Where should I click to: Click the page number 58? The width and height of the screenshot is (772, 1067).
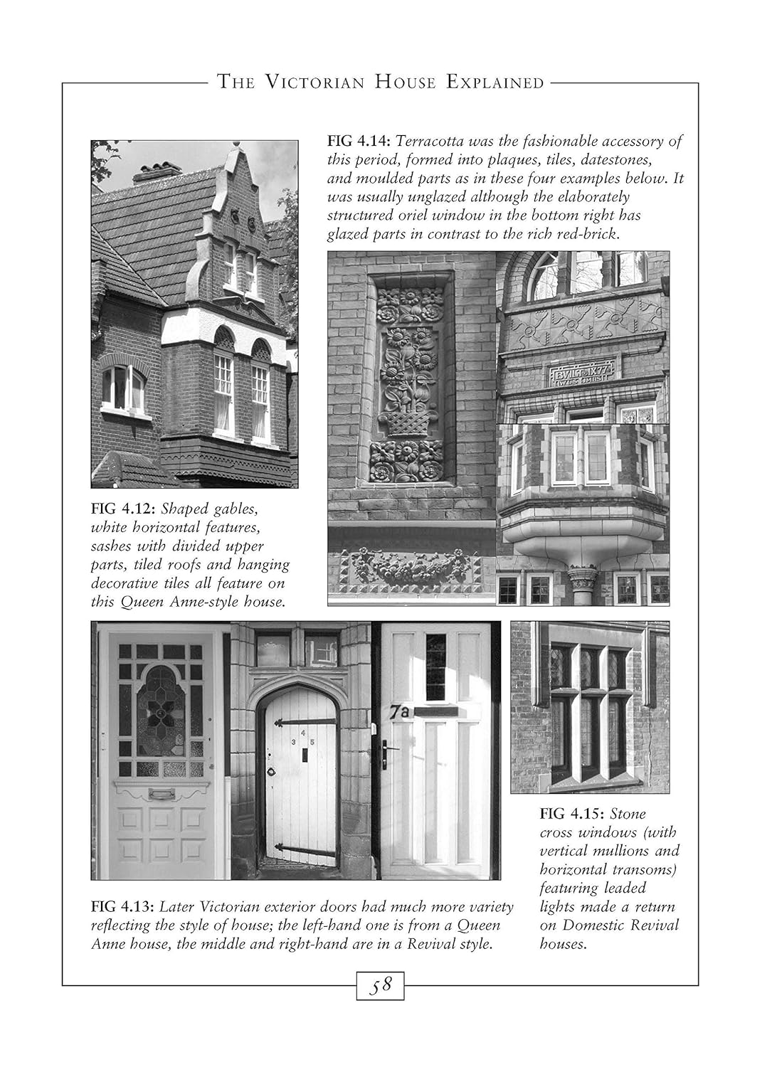point(381,986)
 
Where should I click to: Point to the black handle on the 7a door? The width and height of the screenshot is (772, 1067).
point(386,754)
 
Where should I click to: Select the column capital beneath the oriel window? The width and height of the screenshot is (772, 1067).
point(583,575)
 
